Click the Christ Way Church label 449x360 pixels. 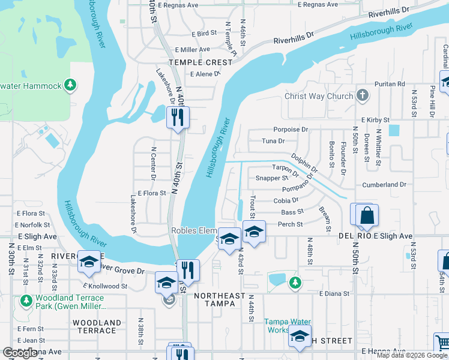pos(319,96)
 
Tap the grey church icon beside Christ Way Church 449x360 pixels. pos(362,95)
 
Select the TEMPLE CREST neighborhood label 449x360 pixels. pos(200,62)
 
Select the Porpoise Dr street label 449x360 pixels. pos(290,129)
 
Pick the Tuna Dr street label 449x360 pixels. pos(273,141)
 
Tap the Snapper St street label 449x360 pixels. pos(272,178)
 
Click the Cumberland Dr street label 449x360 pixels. pos(384,185)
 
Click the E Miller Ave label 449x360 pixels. pos(192,49)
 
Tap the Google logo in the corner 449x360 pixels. pos(20,352)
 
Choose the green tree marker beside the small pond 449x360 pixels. pos(294,281)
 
